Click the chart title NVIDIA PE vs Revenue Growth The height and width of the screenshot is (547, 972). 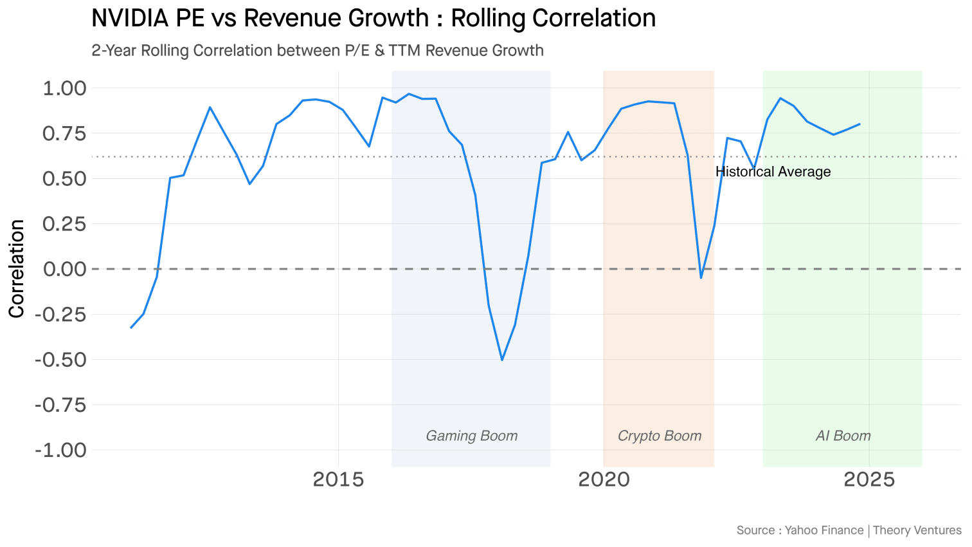pos(373,18)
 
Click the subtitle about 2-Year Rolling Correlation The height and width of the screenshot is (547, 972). pos(318,50)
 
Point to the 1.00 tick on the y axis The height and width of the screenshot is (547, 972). pos(64,88)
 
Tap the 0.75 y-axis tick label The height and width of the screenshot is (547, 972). pos(64,133)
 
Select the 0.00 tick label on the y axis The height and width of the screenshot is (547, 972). pos(64,269)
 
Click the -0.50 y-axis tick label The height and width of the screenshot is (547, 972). pos(60,360)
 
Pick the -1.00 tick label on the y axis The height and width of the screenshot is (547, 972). pos(60,450)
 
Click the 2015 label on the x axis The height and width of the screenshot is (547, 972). pos(338,479)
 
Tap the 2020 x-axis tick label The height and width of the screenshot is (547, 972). pos(604,479)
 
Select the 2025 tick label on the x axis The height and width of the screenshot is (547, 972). pos(869,479)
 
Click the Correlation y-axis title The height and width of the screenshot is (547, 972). pos(17,268)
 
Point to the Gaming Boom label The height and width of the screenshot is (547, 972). pos(471,436)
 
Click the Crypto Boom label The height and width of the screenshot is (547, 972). pos(659,436)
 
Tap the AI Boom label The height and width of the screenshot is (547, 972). pos(843,436)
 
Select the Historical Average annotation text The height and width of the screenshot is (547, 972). pos(773,172)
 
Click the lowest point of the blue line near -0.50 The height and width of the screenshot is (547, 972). pos(502,360)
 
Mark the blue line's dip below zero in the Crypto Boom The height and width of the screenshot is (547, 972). pos(701,277)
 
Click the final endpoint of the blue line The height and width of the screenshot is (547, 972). pos(860,124)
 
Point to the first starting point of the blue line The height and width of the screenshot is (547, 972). pos(130,328)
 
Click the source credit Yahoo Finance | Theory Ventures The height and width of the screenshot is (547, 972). pos(849,530)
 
